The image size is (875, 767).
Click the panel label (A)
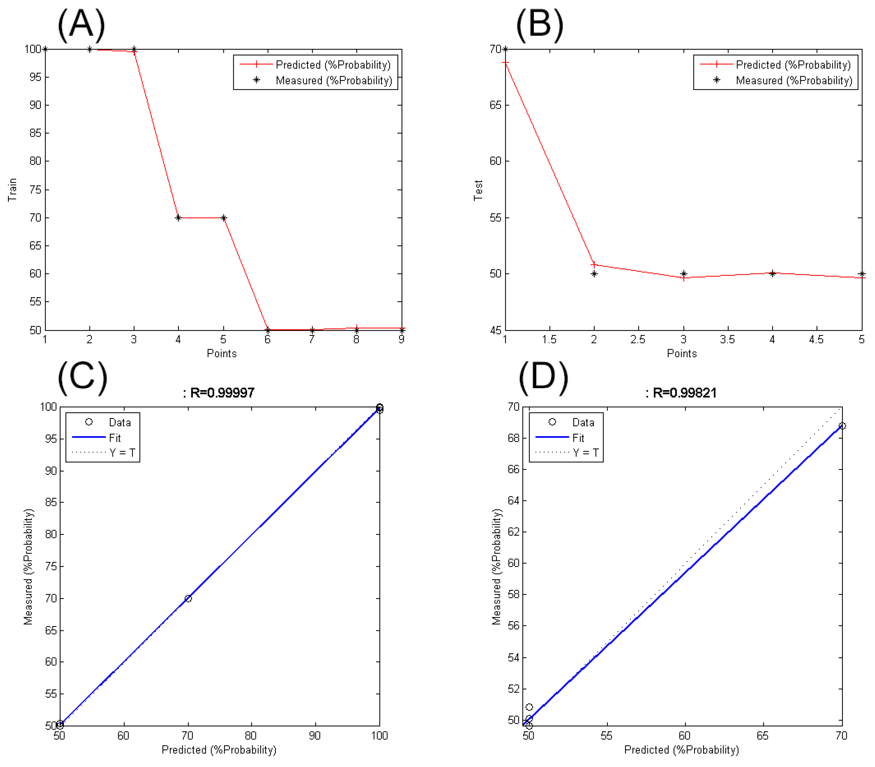81,25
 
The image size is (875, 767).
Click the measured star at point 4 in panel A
178,218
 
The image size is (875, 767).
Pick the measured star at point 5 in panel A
223,218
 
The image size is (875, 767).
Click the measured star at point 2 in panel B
594,274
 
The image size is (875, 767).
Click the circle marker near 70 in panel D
842,426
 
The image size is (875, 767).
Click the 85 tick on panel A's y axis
35,133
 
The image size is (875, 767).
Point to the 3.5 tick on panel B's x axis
727,339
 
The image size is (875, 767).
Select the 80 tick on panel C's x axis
251,735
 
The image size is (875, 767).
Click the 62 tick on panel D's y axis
513,532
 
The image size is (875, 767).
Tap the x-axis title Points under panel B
682,354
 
